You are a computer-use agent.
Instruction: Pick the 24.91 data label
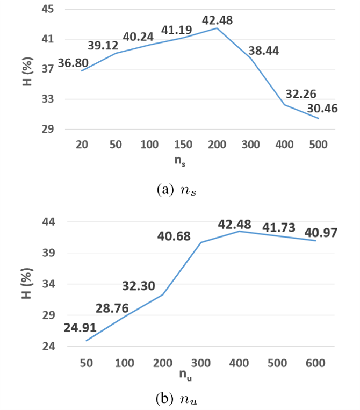80,328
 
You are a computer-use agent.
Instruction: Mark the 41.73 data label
279,227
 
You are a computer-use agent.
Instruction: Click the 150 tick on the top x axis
183,144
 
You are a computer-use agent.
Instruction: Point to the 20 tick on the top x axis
82,144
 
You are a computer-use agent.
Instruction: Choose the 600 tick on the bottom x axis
315,363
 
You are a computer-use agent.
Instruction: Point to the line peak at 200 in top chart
217,28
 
